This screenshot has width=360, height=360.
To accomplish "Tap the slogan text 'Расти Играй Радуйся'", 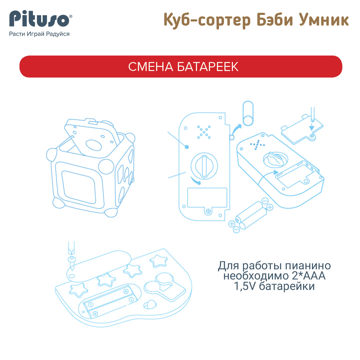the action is click(x=39, y=34).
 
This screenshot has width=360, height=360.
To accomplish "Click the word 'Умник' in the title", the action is click(x=324, y=20).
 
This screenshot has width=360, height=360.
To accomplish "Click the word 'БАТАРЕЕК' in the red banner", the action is click(x=208, y=67).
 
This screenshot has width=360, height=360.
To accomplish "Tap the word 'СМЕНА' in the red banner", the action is click(x=151, y=67).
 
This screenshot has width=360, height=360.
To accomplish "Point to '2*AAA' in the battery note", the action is click(x=309, y=276).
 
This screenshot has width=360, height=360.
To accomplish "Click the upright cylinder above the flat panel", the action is click(x=248, y=113).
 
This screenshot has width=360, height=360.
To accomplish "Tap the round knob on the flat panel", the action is click(x=204, y=166).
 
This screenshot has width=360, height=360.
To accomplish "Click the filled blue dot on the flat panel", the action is click(x=187, y=147).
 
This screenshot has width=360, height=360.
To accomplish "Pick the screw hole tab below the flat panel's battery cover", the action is click(x=208, y=211).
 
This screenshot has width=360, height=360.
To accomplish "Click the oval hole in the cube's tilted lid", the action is click(x=94, y=145).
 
